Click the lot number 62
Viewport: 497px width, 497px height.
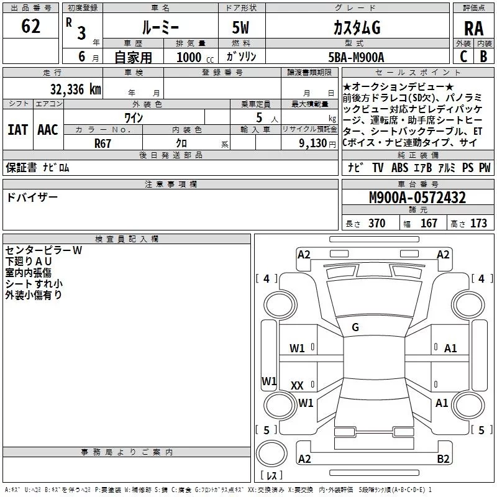click(30, 27)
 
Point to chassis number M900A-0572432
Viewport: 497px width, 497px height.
click(417, 198)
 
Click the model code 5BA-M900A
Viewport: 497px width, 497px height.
click(356, 57)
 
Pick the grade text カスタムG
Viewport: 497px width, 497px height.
click(356, 28)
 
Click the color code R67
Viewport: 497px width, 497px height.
click(104, 143)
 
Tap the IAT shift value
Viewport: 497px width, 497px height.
click(18, 130)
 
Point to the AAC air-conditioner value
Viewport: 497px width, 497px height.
click(48, 130)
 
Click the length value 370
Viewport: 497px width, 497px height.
click(376, 224)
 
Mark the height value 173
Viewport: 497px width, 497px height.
click(478, 224)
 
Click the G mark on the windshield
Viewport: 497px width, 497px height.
click(355, 327)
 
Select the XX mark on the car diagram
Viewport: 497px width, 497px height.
click(297, 386)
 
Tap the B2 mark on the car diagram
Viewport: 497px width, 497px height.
click(443, 459)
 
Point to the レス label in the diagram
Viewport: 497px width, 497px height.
click(271, 476)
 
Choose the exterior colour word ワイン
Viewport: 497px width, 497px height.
click(134, 117)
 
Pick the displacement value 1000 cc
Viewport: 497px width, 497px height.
click(193, 57)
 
